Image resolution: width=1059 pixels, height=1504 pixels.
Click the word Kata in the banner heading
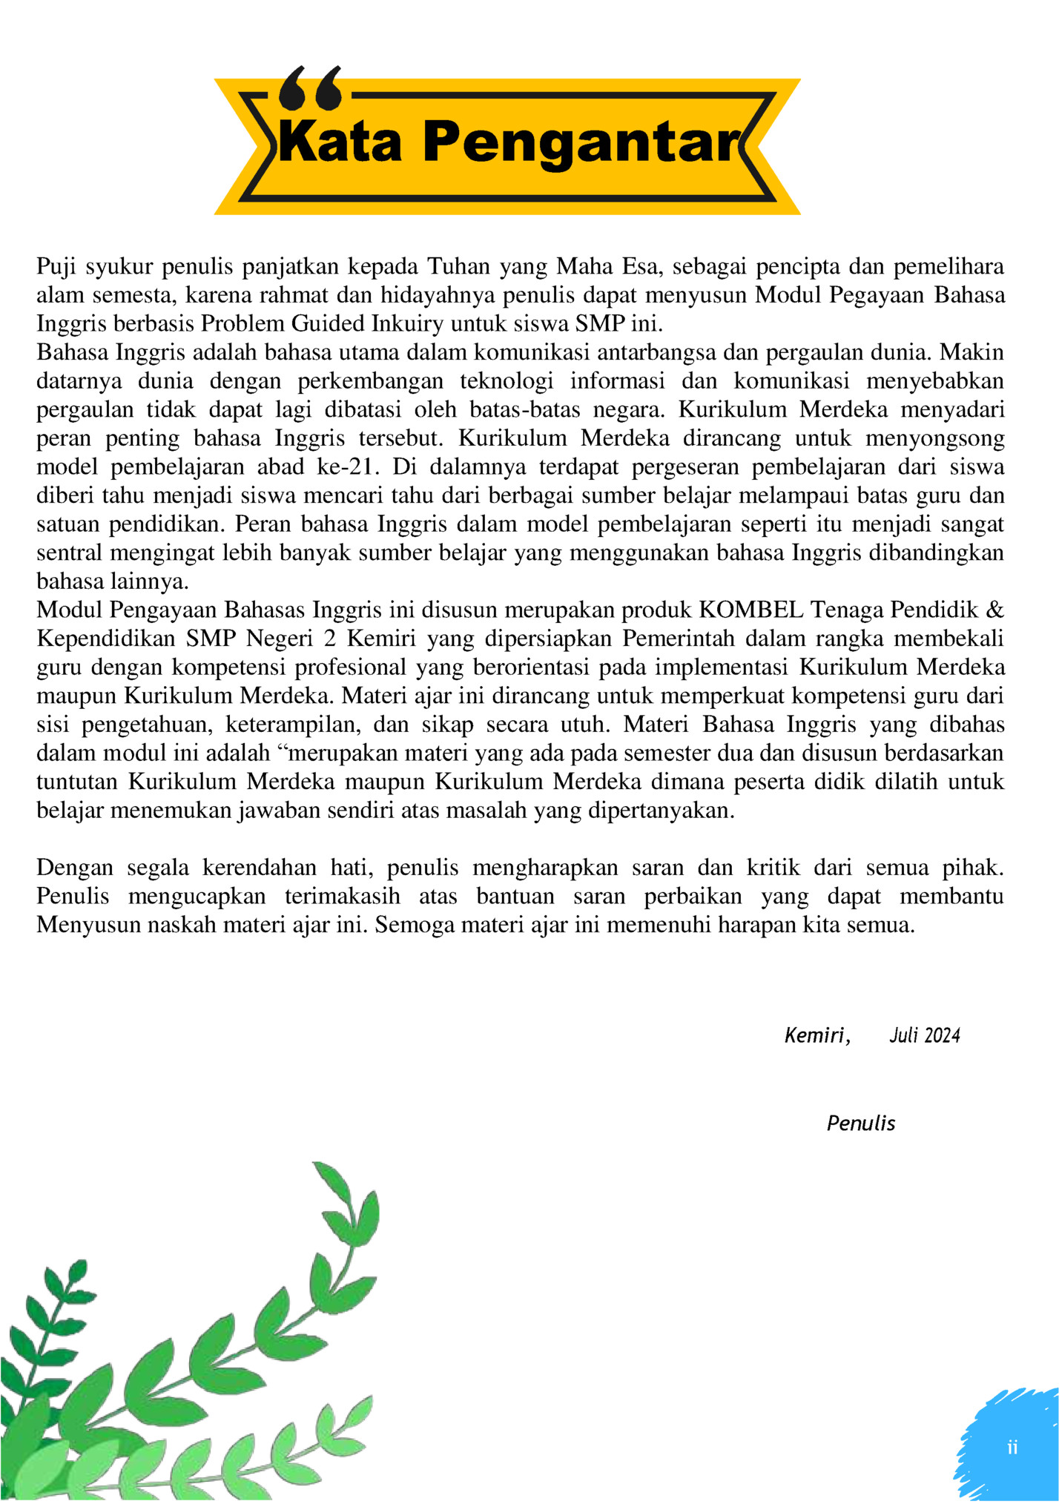tap(340, 142)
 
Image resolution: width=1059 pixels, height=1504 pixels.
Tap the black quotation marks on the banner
tap(311, 88)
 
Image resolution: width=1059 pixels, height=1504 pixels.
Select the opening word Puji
tap(57, 266)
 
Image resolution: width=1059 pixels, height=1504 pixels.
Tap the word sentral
tap(70, 553)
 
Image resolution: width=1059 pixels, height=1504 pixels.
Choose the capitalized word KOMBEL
tap(750, 610)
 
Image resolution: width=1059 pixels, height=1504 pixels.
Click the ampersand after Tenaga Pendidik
tap(995, 610)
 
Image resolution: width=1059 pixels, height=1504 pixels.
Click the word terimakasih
tap(343, 897)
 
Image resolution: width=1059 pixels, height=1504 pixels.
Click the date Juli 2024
tap(924, 1035)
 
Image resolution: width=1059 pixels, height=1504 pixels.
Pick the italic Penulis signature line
tap(861, 1123)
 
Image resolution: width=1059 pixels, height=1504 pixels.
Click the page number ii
tap(1012, 1447)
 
